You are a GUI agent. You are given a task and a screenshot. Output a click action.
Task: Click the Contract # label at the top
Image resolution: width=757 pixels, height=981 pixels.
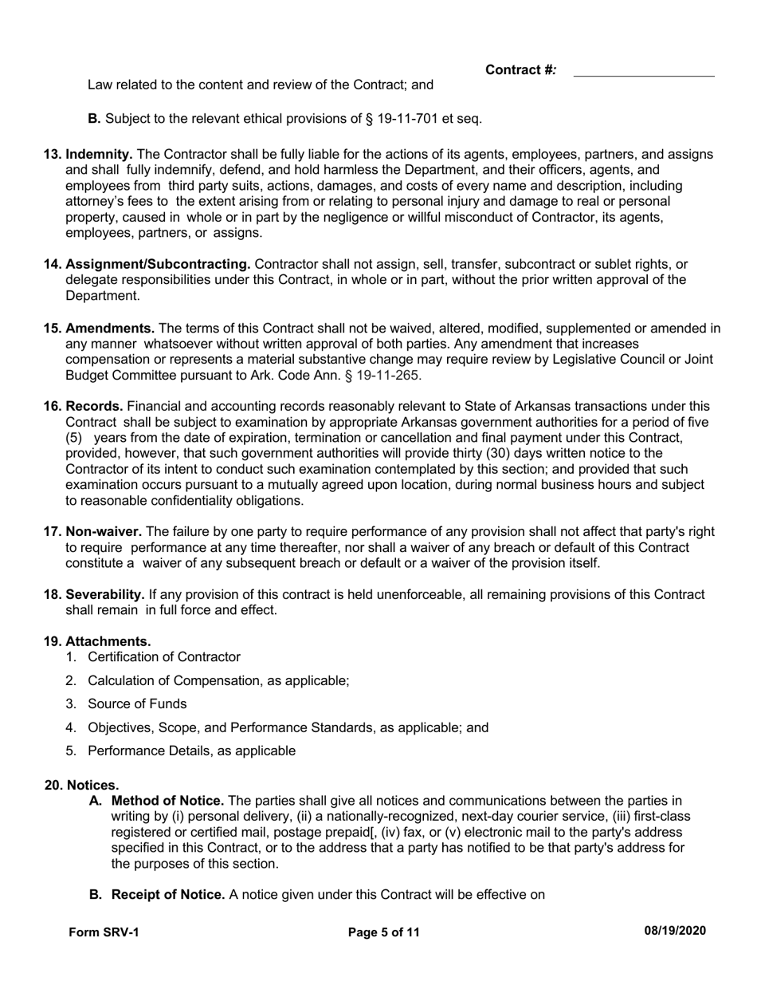pos(520,70)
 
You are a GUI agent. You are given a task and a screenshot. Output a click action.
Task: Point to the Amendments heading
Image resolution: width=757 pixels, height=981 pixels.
pos(110,329)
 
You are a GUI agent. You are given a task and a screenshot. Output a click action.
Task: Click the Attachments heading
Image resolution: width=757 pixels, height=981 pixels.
pos(108,641)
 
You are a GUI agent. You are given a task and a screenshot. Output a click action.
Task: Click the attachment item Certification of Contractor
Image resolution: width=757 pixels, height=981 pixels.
pos(163,657)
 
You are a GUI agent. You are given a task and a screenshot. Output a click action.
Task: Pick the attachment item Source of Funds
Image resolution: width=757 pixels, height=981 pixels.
pos(137,704)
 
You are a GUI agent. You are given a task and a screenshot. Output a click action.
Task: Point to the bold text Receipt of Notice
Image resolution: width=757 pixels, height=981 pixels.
pos(168,895)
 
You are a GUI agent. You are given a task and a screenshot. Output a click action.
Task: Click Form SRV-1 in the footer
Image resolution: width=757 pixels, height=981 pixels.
pos(104,932)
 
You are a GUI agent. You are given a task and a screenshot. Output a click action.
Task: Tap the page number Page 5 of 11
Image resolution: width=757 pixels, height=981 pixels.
pos(384,932)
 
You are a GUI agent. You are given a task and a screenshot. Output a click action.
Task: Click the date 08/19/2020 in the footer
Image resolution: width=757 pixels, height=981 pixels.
pos(674,931)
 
